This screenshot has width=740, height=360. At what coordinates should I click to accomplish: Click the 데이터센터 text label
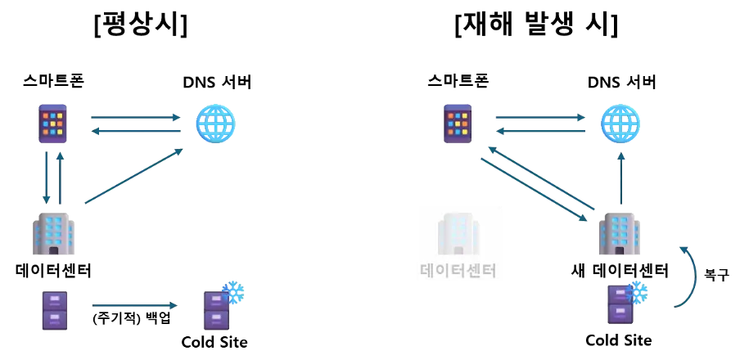458,269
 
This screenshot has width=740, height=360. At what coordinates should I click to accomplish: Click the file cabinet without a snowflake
55,310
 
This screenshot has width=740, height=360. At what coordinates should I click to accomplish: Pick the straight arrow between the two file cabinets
134,306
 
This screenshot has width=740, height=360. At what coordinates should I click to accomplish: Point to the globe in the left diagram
215,124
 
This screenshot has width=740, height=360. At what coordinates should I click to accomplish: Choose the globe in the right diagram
620,124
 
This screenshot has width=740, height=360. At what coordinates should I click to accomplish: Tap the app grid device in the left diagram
53,124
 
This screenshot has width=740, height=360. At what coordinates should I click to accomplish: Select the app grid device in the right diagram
458,124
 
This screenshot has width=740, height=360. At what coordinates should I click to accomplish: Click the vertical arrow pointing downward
47,177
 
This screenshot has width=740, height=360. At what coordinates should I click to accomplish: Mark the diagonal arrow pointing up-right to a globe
133,176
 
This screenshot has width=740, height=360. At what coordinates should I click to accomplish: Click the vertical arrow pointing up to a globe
620,177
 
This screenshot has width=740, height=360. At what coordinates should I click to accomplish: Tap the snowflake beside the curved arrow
636,293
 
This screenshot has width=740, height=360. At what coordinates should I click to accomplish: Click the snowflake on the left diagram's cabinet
233,293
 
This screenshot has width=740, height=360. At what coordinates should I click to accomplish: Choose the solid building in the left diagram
54,234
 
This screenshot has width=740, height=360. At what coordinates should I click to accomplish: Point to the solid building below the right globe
620,234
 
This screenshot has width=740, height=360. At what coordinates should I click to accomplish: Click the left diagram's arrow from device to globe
135,117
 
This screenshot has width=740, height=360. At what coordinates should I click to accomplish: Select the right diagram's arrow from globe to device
540,131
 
